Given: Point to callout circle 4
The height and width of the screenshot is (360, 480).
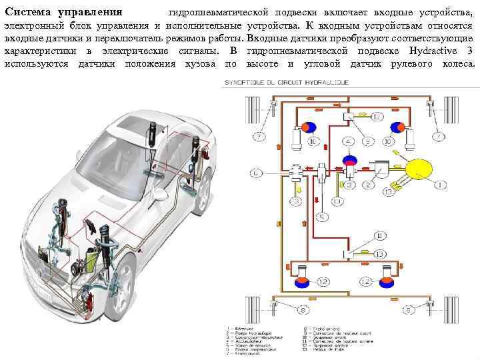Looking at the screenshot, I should (349, 142).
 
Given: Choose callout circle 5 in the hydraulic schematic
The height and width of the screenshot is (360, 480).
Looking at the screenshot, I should (322, 217).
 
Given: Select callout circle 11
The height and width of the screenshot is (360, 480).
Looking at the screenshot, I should (379, 235).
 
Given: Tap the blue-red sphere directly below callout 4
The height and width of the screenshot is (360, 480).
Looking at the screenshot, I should (349, 161).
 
